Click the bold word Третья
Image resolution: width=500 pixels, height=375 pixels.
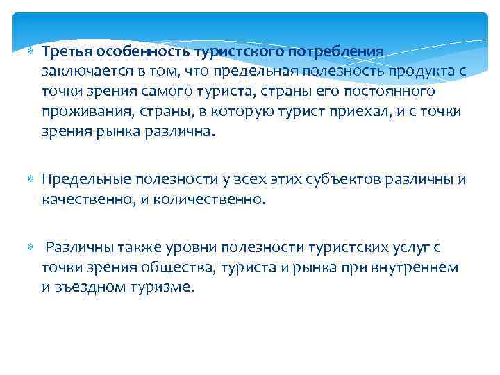click(x=62, y=51)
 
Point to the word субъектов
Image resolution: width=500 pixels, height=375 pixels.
click(x=336, y=181)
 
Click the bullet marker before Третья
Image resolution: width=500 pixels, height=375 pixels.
click(x=30, y=52)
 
